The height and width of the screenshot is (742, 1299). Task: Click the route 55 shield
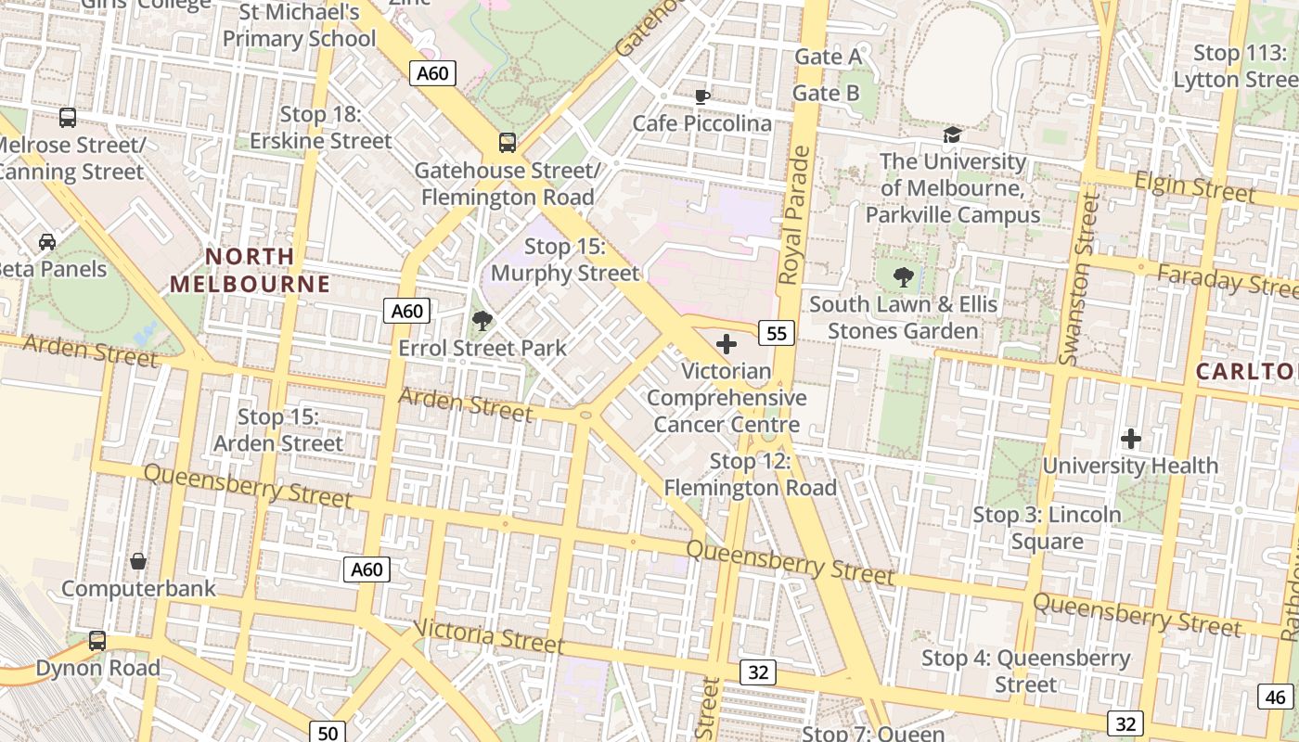pyautogui.click(x=777, y=333)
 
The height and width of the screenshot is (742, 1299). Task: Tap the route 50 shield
pyautogui.click(x=328, y=733)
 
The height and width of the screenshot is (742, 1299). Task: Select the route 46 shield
pyautogui.click(x=1275, y=697)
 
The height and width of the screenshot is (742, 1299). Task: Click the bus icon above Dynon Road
pyautogui.click(x=97, y=640)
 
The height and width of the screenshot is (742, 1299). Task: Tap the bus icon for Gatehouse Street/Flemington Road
pyautogui.click(x=507, y=143)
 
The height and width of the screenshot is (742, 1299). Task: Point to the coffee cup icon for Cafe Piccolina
pyautogui.click(x=702, y=96)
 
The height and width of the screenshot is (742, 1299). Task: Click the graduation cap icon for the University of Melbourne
pyautogui.click(x=952, y=135)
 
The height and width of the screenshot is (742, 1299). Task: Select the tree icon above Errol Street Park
pyautogui.click(x=482, y=321)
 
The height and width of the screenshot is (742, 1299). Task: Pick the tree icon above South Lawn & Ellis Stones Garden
pyautogui.click(x=903, y=276)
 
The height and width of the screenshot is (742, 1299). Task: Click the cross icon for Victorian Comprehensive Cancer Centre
pyautogui.click(x=727, y=345)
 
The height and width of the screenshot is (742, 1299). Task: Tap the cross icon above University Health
pyautogui.click(x=1130, y=439)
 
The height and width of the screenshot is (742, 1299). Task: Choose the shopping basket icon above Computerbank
pyautogui.click(x=138, y=561)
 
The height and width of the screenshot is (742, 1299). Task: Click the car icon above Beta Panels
pyautogui.click(x=46, y=242)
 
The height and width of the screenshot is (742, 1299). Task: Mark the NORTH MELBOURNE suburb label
pyautogui.click(x=250, y=270)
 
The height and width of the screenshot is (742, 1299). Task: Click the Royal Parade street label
pyautogui.click(x=795, y=215)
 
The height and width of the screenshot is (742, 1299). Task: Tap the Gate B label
pyautogui.click(x=825, y=94)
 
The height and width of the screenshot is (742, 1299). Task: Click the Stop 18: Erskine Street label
pyautogui.click(x=321, y=128)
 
